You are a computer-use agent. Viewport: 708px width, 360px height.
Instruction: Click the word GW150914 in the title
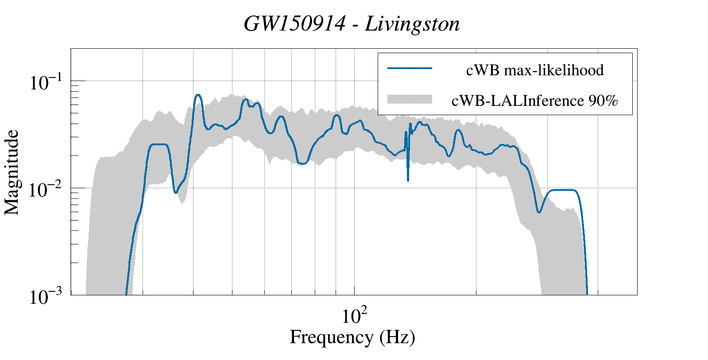pos(294,24)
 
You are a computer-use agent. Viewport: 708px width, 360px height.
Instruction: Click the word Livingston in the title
pos(412,24)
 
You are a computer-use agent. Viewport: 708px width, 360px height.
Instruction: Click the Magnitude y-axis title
pos(12,172)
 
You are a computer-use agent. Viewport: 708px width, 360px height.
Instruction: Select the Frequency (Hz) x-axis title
pos(352,337)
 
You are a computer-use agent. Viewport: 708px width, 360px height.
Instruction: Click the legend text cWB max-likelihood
pos(535,70)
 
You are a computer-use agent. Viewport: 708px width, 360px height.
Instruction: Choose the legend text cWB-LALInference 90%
pos(534,101)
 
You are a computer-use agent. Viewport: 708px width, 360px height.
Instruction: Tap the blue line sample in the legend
pos(410,68)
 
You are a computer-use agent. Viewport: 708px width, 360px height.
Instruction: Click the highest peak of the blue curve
pos(198,95)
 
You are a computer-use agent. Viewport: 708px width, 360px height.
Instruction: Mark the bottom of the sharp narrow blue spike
pos(408,180)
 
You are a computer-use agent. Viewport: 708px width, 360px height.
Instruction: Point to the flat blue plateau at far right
pos(562,190)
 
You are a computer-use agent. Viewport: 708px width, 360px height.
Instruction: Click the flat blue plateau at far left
pos(159,144)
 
